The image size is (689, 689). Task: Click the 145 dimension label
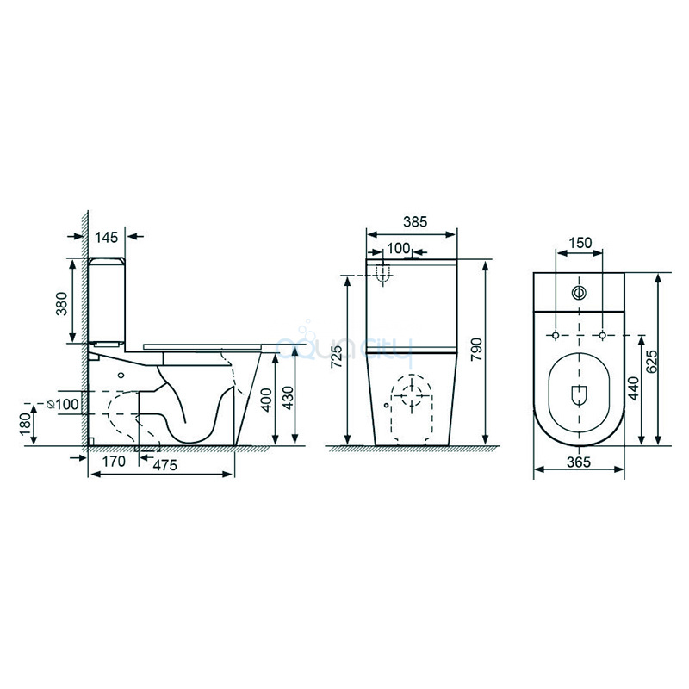point(107,238)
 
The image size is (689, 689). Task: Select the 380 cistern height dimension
point(62,304)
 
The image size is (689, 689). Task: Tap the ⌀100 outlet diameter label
point(63,404)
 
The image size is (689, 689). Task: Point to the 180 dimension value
point(26,424)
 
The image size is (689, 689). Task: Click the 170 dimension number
point(114,462)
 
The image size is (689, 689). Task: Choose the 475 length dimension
point(164,465)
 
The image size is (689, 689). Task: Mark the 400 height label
point(266,400)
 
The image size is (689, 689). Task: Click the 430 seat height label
point(288,398)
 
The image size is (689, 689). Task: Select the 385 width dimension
point(415,222)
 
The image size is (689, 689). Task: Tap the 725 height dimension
point(337,357)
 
